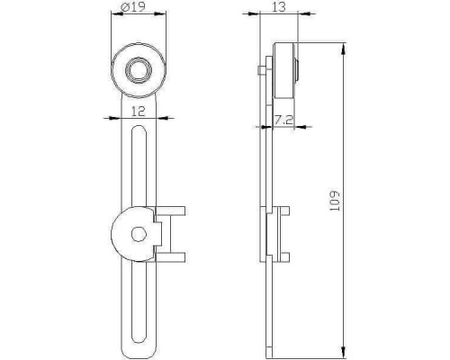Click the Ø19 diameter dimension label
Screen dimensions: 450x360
[x=133, y=7]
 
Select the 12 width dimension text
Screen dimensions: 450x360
[x=139, y=112]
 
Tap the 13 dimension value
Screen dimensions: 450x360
[x=279, y=6]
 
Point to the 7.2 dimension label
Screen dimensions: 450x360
[x=283, y=121]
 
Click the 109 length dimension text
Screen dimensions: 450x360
[x=334, y=201]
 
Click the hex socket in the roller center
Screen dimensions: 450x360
[x=139, y=70]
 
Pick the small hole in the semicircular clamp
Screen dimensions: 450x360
[x=139, y=235]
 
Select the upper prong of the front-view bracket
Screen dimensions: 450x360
[x=170, y=211]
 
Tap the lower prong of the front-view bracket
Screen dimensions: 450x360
[x=170, y=257]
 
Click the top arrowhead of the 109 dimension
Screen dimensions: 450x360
[x=343, y=49]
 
